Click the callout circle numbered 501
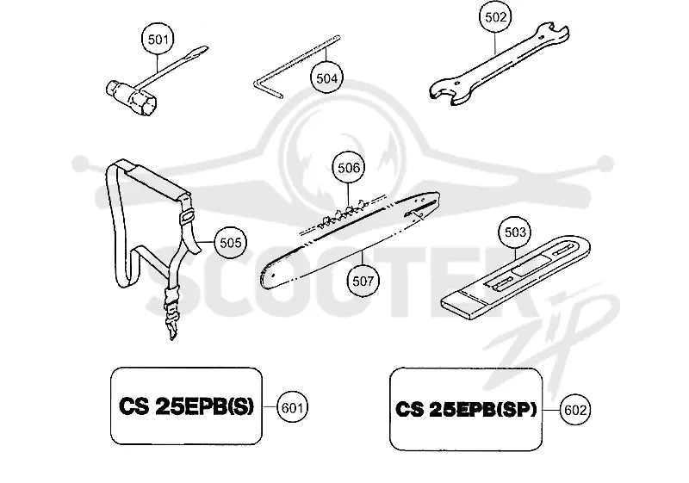click(158, 40)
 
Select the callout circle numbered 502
click(496, 17)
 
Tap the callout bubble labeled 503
click(515, 232)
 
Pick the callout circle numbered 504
click(327, 78)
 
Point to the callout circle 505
click(230, 243)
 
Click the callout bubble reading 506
click(349, 168)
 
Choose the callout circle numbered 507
click(363, 281)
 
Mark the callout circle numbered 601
click(292, 408)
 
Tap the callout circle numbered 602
click(575, 410)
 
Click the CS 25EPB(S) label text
click(186, 406)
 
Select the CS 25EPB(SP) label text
click(466, 409)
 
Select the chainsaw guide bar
click(351, 239)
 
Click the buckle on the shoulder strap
click(187, 215)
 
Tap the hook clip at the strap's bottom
click(171, 314)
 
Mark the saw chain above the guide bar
click(343, 213)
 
